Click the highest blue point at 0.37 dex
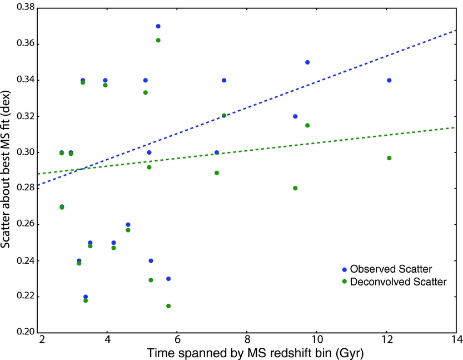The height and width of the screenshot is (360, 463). point(158,26)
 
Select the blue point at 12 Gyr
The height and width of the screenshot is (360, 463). point(389,80)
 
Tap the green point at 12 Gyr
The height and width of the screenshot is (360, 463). point(389,158)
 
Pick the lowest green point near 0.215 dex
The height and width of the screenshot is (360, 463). point(168,305)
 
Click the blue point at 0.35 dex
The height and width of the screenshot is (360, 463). point(307,62)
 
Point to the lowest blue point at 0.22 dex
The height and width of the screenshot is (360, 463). point(86,297)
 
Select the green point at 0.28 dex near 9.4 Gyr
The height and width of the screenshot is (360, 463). point(295,188)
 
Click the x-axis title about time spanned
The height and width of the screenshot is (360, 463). point(248,352)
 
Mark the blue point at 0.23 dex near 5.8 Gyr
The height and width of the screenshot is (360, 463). point(168,279)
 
